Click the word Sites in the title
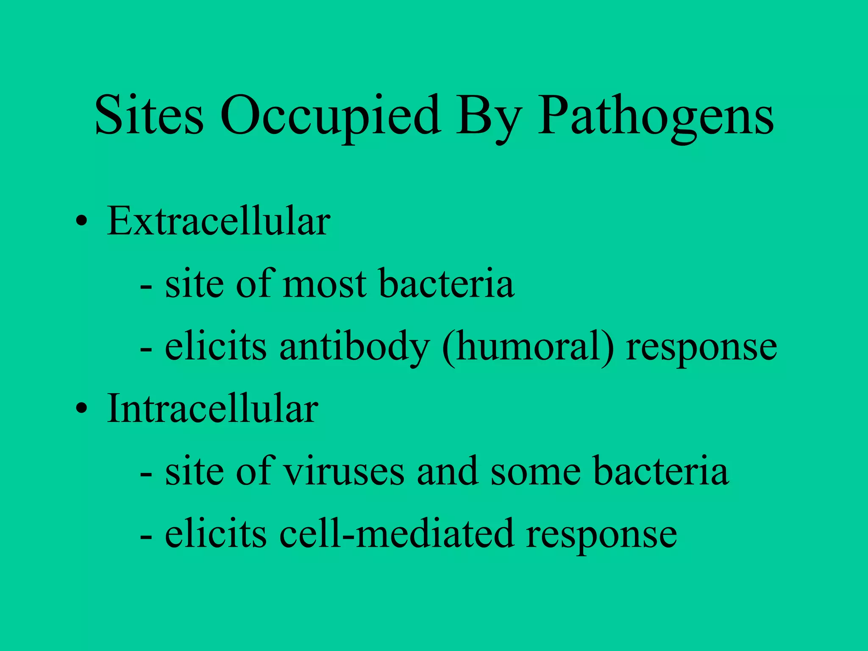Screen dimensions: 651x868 [149, 115]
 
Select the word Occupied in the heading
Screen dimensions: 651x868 [329, 117]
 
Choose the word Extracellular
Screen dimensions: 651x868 [218, 221]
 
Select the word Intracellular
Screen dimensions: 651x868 [212, 409]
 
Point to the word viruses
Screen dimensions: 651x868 [344, 471]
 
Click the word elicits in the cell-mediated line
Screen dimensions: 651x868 [216, 533]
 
